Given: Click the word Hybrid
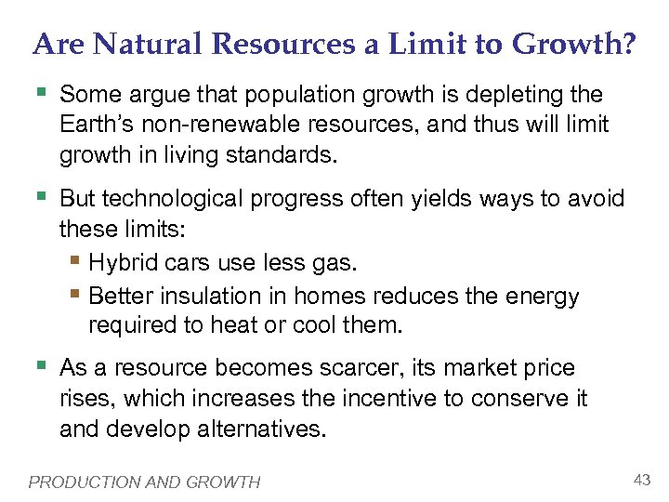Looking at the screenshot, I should pyautogui.click(x=122, y=265).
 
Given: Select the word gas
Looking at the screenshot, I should pyautogui.click(x=336, y=265).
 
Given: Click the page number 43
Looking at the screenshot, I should pyautogui.click(x=641, y=479).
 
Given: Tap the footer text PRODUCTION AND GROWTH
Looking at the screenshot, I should pyautogui.click(x=145, y=482).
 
